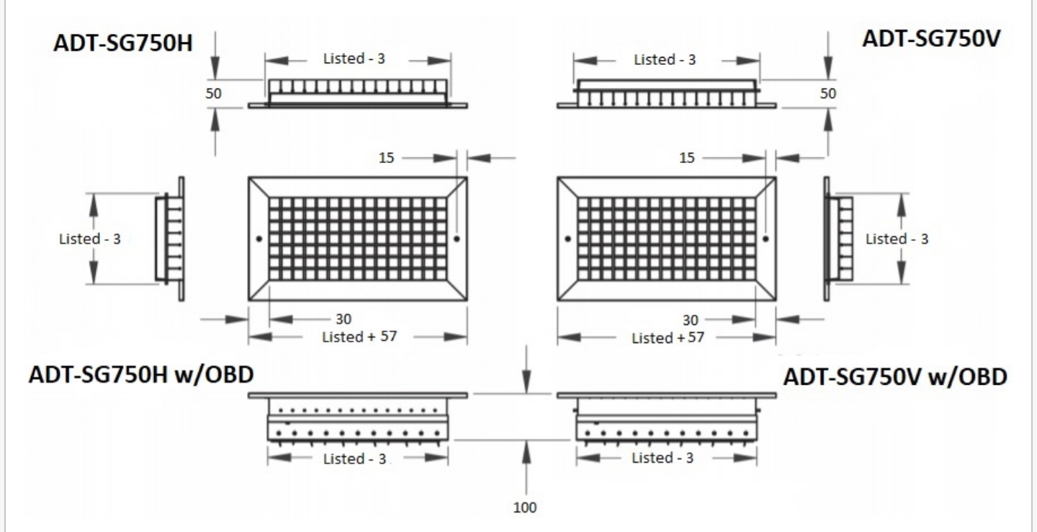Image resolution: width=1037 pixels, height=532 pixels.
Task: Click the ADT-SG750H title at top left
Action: [122, 43]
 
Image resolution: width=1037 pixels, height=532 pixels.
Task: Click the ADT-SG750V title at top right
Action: [931, 38]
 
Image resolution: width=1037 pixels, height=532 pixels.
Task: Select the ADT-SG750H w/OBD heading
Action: [141, 374]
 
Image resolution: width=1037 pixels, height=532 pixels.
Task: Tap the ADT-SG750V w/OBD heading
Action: [895, 377]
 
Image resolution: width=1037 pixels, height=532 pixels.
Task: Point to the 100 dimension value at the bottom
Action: [525, 507]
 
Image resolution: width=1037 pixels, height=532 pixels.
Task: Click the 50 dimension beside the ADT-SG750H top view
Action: [213, 94]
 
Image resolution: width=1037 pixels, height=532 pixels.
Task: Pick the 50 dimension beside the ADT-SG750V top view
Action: [827, 94]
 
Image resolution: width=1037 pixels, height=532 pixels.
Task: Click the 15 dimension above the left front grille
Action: [387, 158]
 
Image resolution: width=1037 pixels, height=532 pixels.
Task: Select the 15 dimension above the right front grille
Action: [687, 158]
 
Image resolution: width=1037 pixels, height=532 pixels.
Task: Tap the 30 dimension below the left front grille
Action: [344, 319]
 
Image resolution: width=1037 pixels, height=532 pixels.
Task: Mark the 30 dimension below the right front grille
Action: [690, 320]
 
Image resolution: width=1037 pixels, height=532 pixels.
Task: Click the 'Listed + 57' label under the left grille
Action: [360, 337]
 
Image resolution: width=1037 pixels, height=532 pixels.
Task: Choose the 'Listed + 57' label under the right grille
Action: [668, 338]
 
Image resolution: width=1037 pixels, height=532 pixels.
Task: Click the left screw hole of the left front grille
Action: [259, 239]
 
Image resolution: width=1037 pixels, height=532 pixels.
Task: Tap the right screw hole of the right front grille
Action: [766, 239]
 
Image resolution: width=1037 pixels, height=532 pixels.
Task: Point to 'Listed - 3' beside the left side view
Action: [90, 239]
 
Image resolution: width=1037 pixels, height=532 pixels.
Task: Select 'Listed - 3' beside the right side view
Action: [897, 239]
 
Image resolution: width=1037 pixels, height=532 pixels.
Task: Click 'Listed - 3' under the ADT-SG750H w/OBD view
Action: [354, 458]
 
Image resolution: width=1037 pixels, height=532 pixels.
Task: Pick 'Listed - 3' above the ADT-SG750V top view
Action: [665, 59]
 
